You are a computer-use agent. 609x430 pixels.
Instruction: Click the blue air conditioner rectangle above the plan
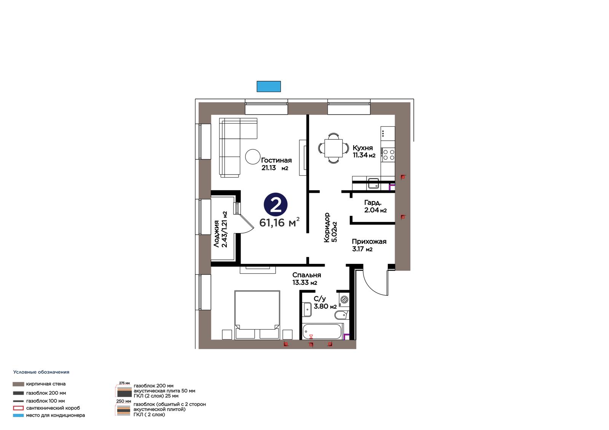pyautogui.click(x=269, y=86)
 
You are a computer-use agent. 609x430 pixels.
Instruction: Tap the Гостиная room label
pyautogui.click(x=276, y=160)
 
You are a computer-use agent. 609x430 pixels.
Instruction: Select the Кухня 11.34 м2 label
pyautogui.click(x=364, y=151)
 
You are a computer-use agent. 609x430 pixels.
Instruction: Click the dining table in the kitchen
pyautogui.click(x=333, y=148)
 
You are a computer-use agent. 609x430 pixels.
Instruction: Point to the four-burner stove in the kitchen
pyautogui.click(x=389, y=155)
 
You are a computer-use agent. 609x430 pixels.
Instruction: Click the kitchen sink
pyautogui.click(x=373, y=183)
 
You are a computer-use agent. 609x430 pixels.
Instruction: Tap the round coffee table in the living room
pyautogui.click(x=253, y=157)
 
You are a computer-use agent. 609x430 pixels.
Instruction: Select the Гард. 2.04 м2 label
pyautogui.click(x=375, y=206)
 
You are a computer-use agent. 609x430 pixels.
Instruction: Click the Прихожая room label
pyautogui.click(x=369, y=241)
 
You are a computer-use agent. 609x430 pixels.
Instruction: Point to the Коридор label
pyautogui.click(x=327, y=227)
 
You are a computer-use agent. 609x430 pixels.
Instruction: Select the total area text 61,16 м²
pyautogui.click(x=279, y=222)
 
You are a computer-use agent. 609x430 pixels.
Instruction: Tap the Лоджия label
pyautogui.click(x=217, y=233)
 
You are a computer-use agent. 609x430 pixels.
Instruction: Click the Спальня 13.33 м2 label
pyautogui.click(x=307, y=279)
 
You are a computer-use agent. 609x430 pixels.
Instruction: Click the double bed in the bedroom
pyautogui.click(x=257, y=315)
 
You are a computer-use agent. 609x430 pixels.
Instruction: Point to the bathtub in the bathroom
pyautogui.click(x=322, y=332)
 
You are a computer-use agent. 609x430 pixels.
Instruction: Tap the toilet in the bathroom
pyautogui.click(x=341, y=315)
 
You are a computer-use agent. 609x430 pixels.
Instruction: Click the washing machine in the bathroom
pyautogui.click(x=344, y=299)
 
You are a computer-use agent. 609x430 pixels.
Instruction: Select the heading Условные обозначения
pyautogui.click(x=41, y=372)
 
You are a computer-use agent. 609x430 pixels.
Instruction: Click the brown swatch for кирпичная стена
pyautogui.click(x=18, y=384)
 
